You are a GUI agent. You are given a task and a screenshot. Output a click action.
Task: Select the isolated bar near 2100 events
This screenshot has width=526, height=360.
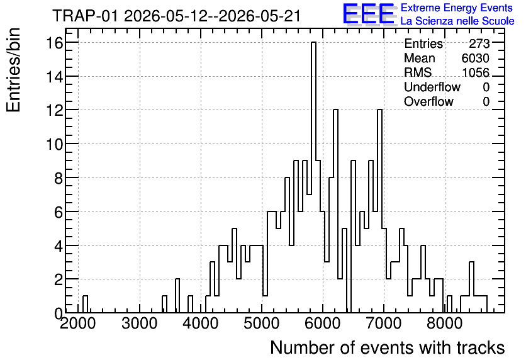point(85,305)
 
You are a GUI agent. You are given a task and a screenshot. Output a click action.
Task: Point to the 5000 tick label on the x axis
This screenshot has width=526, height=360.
point(262,323)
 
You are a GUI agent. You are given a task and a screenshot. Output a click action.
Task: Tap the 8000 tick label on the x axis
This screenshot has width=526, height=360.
point(445,323)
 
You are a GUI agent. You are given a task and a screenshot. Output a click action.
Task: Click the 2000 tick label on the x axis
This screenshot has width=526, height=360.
point(78,323)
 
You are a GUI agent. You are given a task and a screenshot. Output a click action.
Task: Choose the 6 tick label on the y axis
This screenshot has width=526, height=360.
point(59,211)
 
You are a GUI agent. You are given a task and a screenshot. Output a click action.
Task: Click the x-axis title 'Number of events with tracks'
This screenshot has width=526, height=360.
point(388,347)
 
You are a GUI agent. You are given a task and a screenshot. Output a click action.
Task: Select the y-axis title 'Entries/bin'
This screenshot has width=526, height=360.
point(13,70)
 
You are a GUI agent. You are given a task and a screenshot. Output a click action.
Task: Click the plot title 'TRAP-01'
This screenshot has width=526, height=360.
point(85,16)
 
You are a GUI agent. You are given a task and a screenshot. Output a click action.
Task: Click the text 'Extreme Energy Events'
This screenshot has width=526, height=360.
point(457,8)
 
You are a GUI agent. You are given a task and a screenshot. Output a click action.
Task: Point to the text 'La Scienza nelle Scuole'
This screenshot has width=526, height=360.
point(457,21)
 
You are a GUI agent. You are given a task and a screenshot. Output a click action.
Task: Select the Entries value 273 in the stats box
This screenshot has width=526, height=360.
point(479,43)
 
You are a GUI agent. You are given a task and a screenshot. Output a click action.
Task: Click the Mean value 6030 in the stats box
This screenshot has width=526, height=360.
point(475,58)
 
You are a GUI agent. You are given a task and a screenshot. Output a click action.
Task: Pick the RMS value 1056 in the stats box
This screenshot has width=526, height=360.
point(476,72)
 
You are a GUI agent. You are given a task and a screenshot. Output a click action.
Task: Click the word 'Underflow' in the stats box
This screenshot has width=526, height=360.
point(432,87)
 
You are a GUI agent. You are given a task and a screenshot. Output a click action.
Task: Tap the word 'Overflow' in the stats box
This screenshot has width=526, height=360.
point(428,101)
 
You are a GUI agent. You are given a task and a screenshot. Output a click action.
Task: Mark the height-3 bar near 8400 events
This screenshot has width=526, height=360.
point(471,287)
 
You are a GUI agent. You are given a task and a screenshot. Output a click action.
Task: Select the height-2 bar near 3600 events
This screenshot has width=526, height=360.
point(177,296)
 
